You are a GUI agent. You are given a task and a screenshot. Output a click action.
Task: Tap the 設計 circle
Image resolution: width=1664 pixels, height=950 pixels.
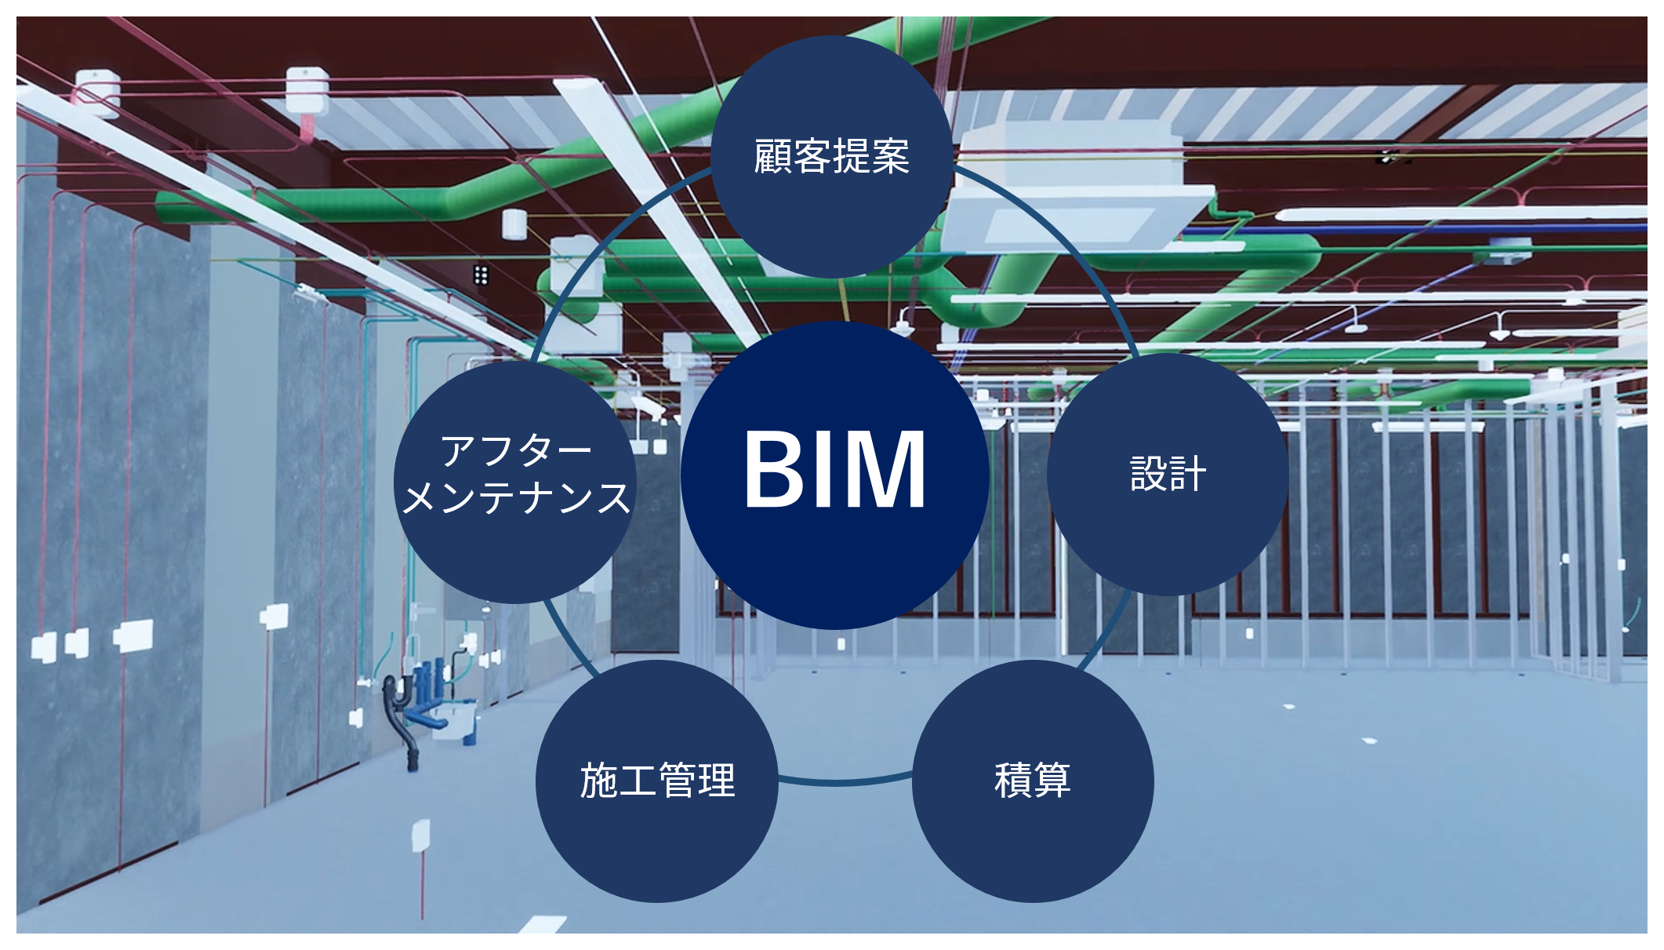point(1167,474)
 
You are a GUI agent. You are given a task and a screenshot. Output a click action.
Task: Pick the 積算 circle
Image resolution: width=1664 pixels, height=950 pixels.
point(1032,781)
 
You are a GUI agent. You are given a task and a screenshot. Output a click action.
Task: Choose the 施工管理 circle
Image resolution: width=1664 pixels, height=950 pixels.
point(657,781)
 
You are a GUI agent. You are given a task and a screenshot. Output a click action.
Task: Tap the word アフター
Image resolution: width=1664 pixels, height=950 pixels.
point(515,451)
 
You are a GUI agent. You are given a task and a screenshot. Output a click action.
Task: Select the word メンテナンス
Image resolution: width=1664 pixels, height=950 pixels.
point(515,497)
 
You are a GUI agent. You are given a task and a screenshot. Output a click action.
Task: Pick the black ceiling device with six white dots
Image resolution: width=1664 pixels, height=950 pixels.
point(481,274)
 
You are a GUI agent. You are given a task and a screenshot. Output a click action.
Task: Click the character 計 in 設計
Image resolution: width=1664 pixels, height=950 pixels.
point(1186,474)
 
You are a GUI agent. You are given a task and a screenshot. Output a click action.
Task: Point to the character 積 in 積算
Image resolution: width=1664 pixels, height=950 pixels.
point(1012,781)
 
